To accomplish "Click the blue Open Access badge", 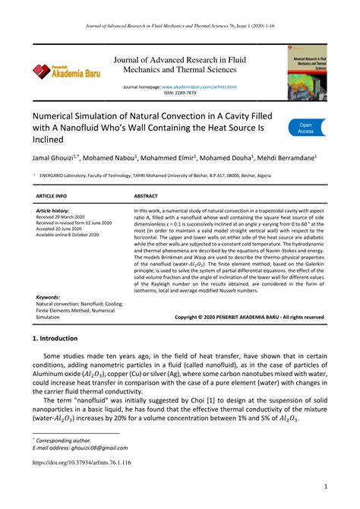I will coord(305,128).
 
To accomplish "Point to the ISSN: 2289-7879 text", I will coord(180,94).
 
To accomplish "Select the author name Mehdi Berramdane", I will coord(286,159).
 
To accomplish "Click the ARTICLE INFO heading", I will coord(55,195).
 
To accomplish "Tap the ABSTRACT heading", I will coord(146,195).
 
